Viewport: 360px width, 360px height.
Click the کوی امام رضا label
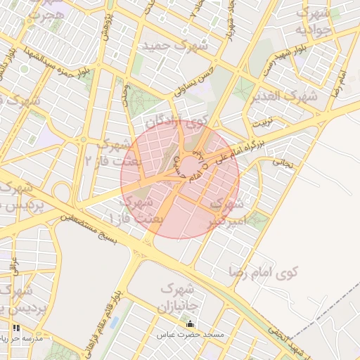(x=264, y=269)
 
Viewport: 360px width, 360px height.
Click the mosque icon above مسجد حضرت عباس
(x=190, y=323)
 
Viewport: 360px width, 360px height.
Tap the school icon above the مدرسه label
(x=15, y=328)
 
